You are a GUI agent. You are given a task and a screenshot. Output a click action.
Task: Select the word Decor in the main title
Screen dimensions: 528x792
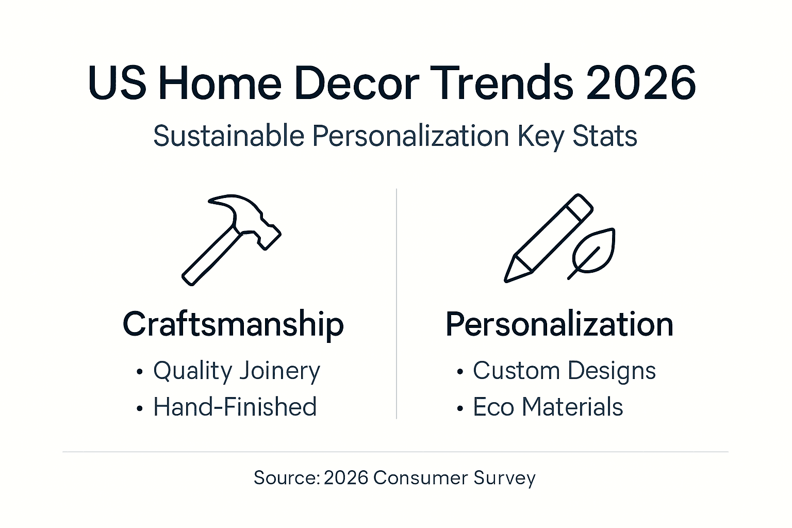[x=356, y=83]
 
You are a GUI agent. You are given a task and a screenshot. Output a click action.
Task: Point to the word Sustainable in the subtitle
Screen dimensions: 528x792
[x=229, y=136]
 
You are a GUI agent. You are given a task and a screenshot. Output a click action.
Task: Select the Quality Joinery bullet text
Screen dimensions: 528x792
[x=237, y=371]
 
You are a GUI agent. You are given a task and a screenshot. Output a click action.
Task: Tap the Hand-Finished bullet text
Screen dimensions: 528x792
[x=235, y=407]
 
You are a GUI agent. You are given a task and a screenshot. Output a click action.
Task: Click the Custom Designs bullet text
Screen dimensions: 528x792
[x=564, y=371]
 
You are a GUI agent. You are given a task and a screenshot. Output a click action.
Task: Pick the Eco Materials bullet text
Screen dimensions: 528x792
[x=548, y=407]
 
